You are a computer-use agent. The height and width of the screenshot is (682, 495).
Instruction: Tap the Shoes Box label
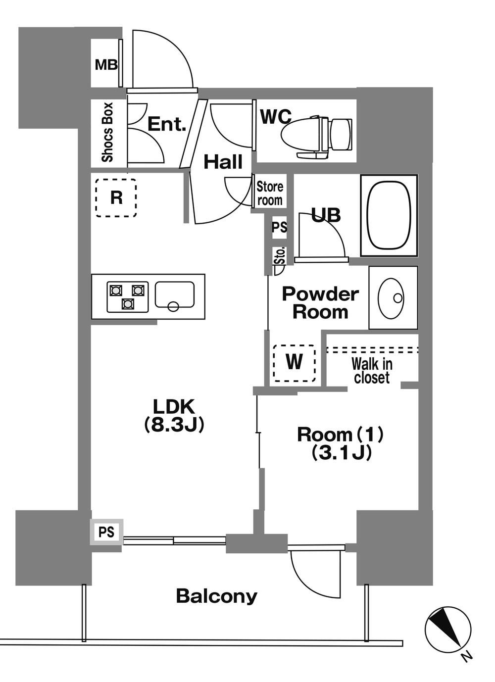click(107, 132)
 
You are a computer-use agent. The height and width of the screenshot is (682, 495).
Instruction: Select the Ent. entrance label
click(166, 124)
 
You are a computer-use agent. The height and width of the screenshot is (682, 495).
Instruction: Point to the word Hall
click(223, 162)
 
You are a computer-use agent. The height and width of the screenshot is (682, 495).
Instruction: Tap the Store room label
click(270, 194)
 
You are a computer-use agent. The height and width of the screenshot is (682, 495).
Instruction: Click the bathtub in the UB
click(388, 216)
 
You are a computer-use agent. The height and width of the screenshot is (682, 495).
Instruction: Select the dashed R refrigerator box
click(116, 197)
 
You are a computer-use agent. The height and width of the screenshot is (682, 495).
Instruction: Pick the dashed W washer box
click(295, 363)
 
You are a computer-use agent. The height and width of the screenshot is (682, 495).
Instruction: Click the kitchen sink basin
click(175, 295)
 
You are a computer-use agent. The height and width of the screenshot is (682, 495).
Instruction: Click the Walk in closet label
click(372, 371)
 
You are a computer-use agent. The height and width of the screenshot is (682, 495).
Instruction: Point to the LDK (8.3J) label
click(174, 415)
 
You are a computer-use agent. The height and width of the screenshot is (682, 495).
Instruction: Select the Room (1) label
click(340, 435)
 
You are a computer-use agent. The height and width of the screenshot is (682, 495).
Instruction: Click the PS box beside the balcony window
click(106, 532)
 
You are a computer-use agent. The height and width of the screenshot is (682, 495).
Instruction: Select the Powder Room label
click(320, 303)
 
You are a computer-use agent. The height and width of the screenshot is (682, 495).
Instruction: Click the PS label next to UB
click(280, 227)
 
